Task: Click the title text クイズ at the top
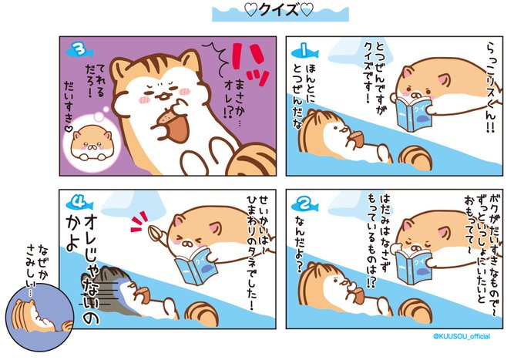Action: (x=279, y=10)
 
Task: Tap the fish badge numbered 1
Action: (x=305, y=52)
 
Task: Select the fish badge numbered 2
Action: (x=305, y=204)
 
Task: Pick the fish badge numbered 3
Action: (x=79, y=51)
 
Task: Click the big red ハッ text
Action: (x=250, y=63)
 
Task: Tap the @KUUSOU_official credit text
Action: (x=462, y=337)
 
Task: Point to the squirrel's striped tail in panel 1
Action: (x=416, y=158)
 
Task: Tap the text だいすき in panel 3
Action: (x=69, y=107)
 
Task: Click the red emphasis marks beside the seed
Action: (x=139, y=221)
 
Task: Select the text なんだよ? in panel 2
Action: (x=301, y=244)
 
